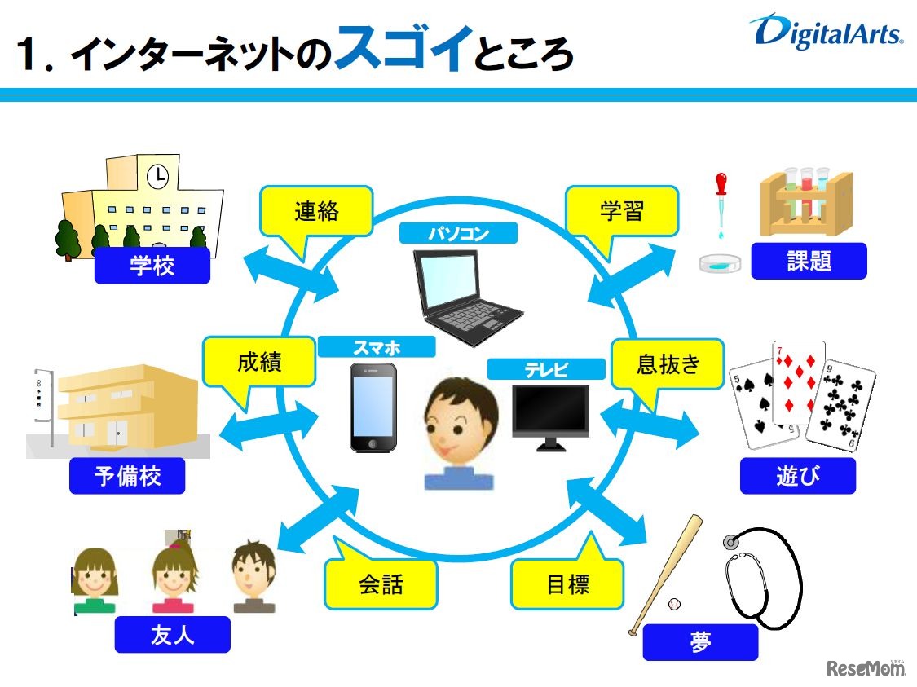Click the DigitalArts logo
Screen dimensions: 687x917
[x=827, y=33]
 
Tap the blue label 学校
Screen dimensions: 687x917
[x=152, y=266]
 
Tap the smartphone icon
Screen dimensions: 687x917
[x=373, y=407]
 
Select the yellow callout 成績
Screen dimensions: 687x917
[x=259, y=362]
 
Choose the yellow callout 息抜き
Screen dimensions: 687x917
[x=668, y=363]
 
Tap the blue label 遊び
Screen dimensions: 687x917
[x=797, y=476]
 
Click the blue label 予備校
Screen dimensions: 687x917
[x=128, y=476]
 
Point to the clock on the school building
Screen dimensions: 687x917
[x=157, y=174]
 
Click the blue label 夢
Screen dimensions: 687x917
[x=700, y=642]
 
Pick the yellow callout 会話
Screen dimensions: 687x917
[x=381, y=584]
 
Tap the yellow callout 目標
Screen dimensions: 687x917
[x=567, y=584]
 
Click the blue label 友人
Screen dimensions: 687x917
[x=172, y=635]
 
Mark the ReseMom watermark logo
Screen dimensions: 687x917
[x=866, y=667]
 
